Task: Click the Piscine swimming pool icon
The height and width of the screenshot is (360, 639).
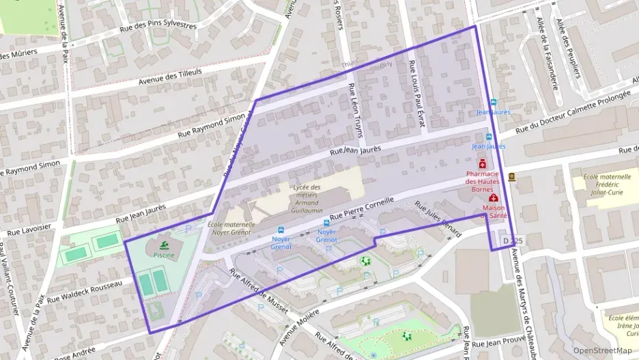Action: [163, 245]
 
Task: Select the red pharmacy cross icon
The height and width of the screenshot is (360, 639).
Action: [483, 164]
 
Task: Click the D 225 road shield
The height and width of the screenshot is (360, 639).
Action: [512, 241]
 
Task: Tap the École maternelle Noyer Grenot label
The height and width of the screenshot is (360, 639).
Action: [231, 228]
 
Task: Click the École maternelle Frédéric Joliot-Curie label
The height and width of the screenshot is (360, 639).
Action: [600, 184]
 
